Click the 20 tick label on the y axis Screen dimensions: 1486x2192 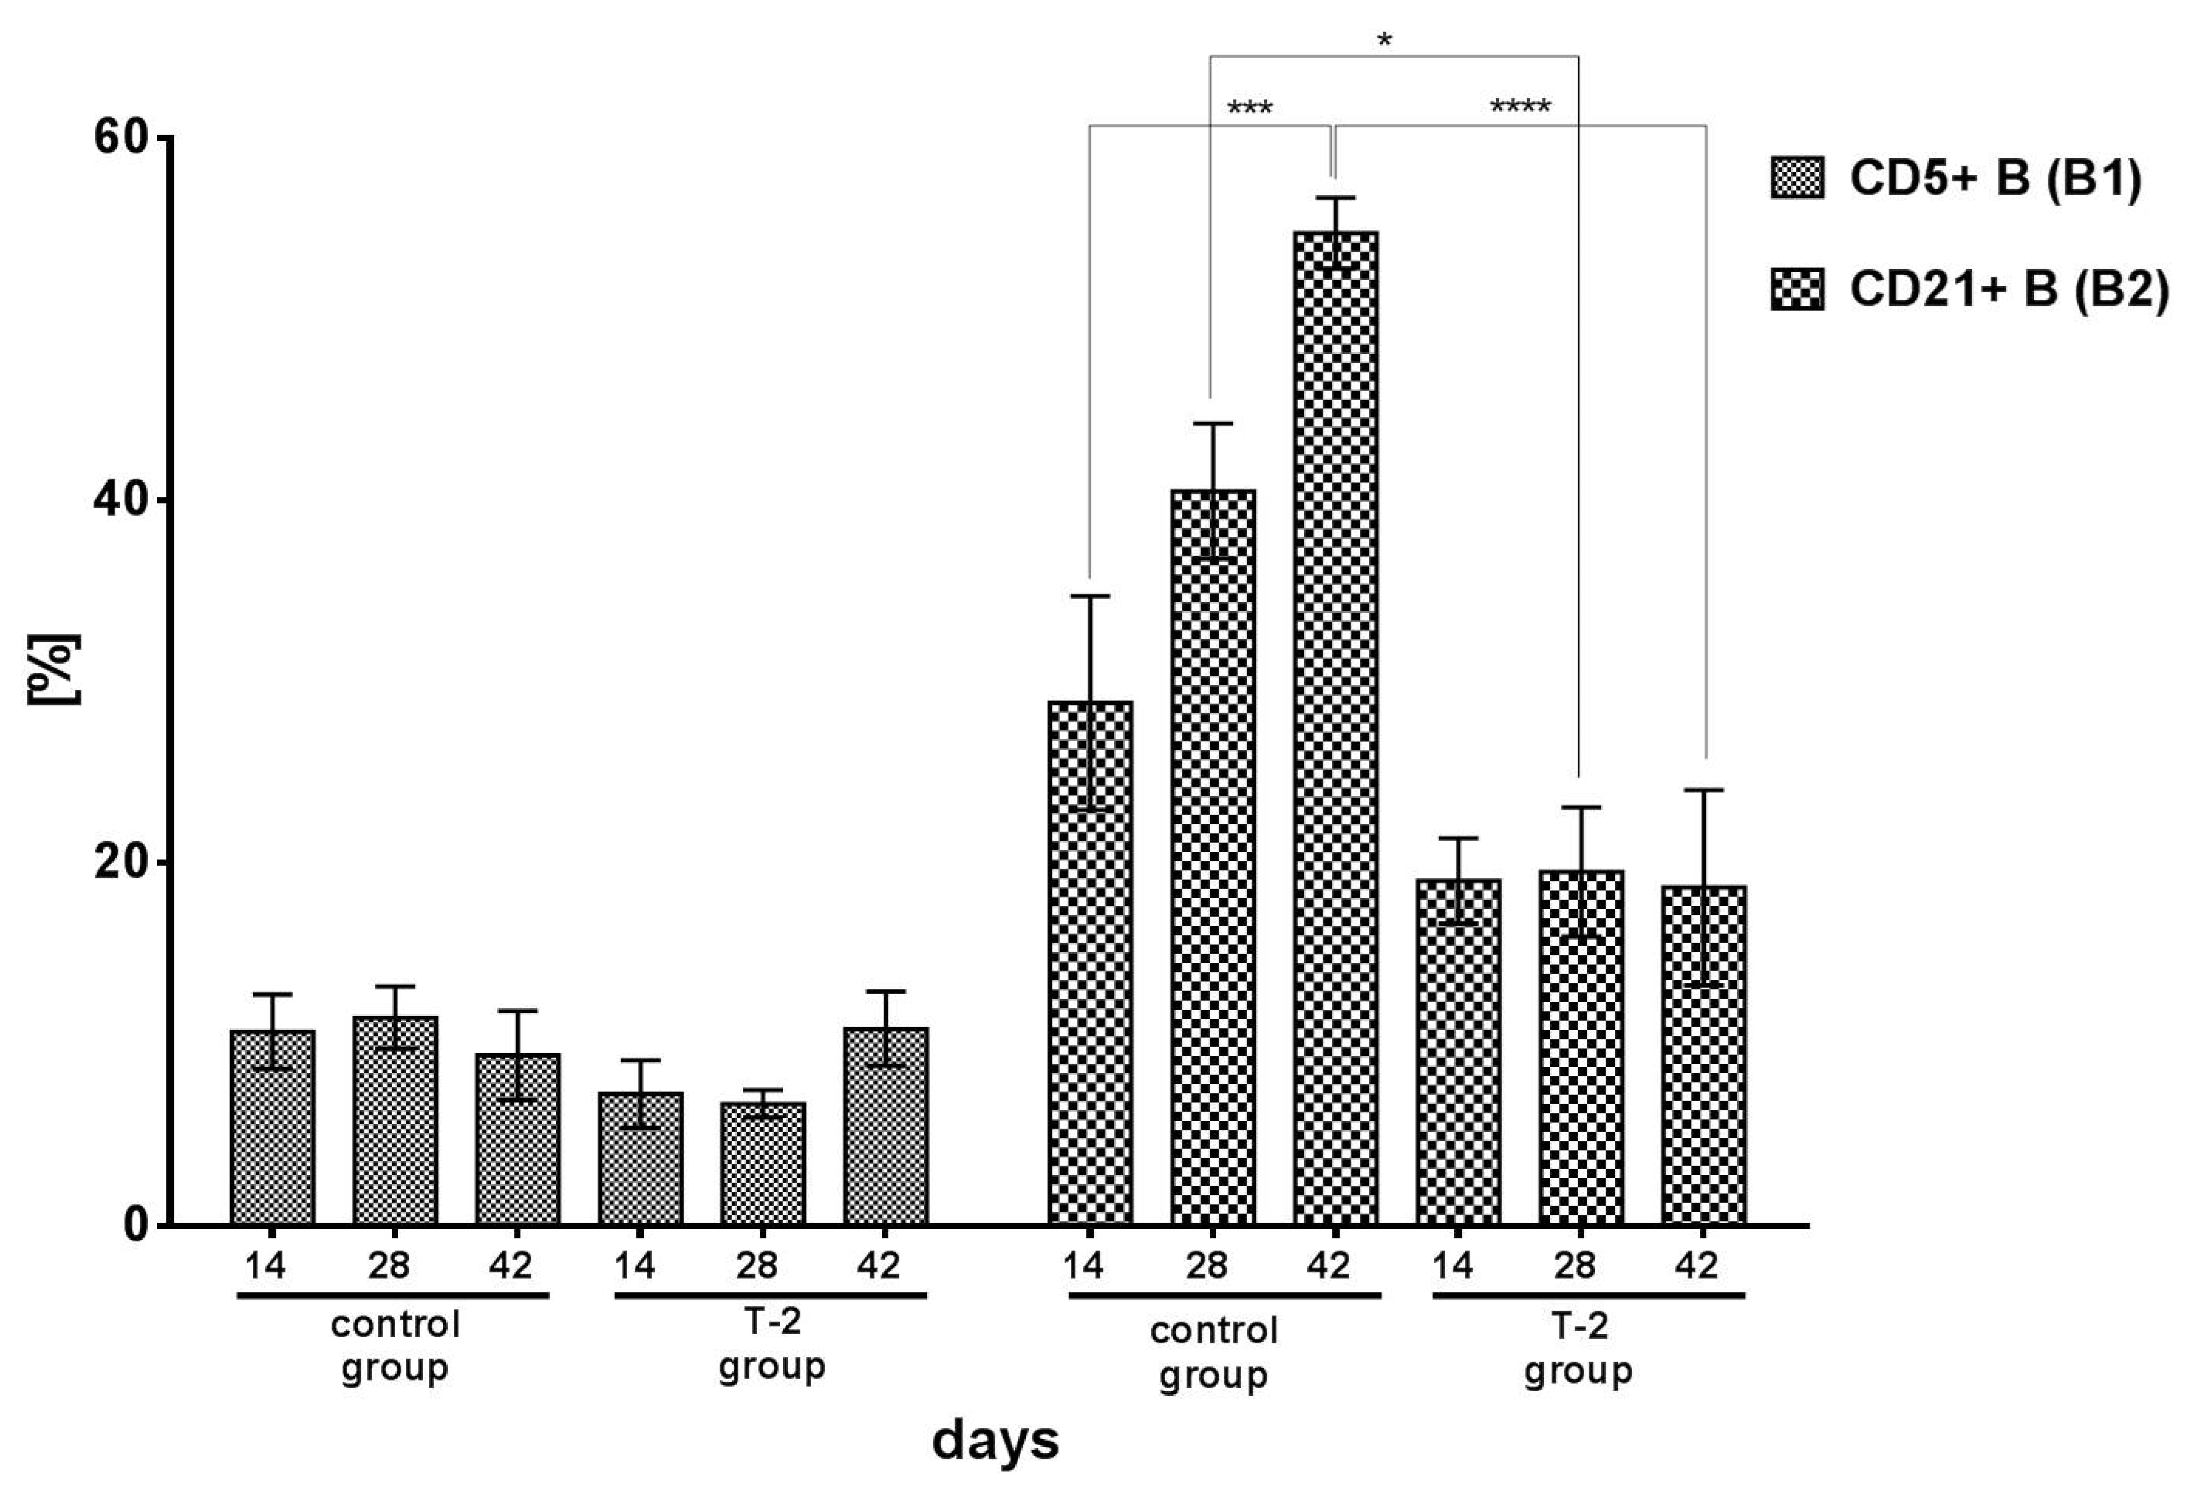pyautogui.click(x=122, y=863)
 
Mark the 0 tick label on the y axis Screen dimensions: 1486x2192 pyautogui.click(x=137, y=1225)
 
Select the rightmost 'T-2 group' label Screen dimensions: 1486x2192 pyautogui.click(x=1578, y=1348)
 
